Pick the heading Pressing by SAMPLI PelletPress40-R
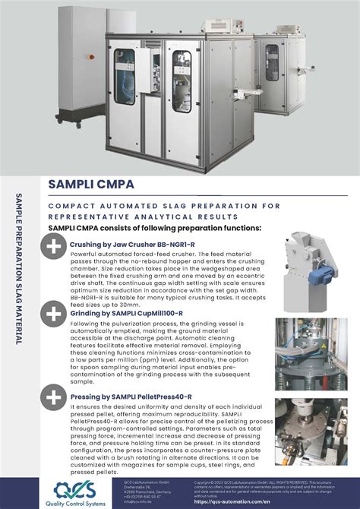131,395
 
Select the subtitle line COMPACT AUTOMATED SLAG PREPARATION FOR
164,206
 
